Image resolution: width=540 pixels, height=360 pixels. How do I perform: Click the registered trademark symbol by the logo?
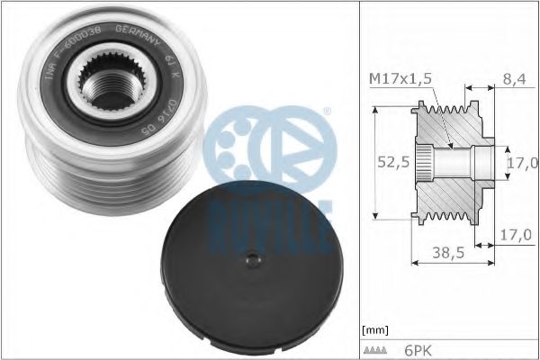tap(326, 113)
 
